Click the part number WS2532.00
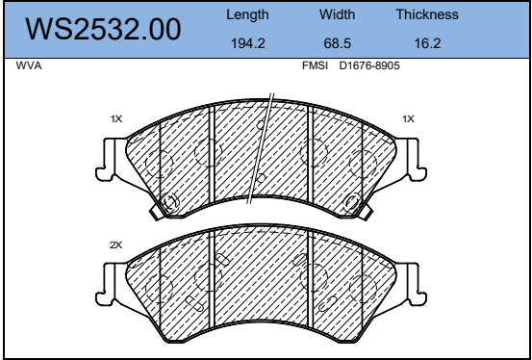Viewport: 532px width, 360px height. pyautogui.click(x=103, y=30)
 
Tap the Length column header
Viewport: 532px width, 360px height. pyautogui.click(x=247, y=15)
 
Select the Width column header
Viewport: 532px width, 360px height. pyautogui.click(x=337, y=14)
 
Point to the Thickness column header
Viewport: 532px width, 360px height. pyautogui.click(x=427, y=14)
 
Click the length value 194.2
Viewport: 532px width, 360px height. pyautogui.click(x=247, y=43)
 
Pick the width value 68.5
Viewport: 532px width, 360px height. pyautogui.click(x=338, y=43)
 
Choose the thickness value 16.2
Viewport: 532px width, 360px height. pyautogui.click(x=427, y=43)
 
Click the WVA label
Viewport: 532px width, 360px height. pyautogui.click(x=29, y=65)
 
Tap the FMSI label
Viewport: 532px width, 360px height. pyautogui.click(x=315, y=65)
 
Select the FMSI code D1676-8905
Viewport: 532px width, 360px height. pyautogui.click(x=369, y=65)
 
